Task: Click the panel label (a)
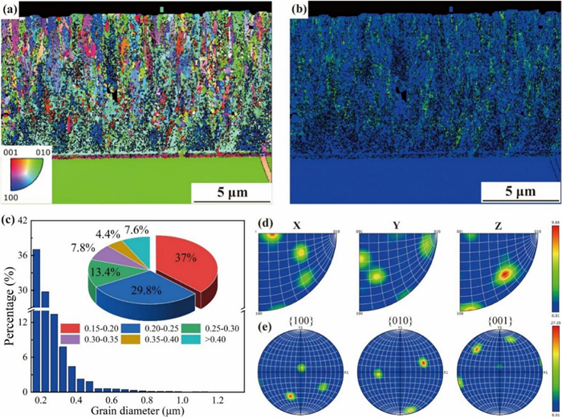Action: pyautogui.click(x=10, y=10)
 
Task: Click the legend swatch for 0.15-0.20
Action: pyautogui.click(x=72, y=328)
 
